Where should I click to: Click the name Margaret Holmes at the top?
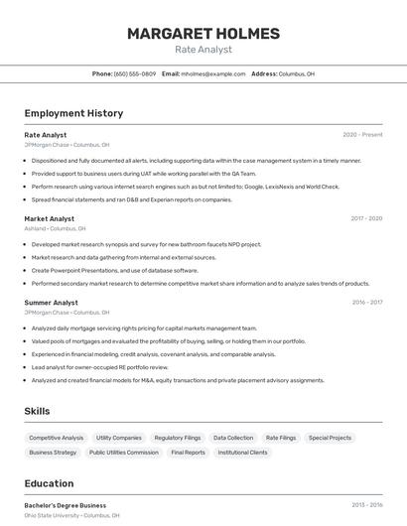pos(203,34)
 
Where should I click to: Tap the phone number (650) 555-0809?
pos(135,73)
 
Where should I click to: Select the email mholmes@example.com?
pos(212,73)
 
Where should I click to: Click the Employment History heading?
pos(73,113)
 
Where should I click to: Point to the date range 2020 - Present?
pos(362,135)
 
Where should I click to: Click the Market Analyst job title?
pos(50,218)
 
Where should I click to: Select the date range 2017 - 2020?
pos(366,218)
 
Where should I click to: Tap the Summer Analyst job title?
pos(52,302)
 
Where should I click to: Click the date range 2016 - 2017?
pos(367,302)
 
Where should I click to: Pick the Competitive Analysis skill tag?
pos(57,438)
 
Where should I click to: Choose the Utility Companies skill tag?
pos(119,438)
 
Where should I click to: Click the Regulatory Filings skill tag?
pos(178,438)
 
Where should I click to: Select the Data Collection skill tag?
pos(233,438)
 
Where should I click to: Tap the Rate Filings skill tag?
pos(281,438)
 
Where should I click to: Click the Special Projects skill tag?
pos(330,438)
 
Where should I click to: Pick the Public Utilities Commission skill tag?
pos(124,453)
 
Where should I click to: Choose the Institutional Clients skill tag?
pos(243,453)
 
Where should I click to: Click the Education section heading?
pos(50,483)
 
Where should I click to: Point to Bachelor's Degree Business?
pos(66,505)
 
